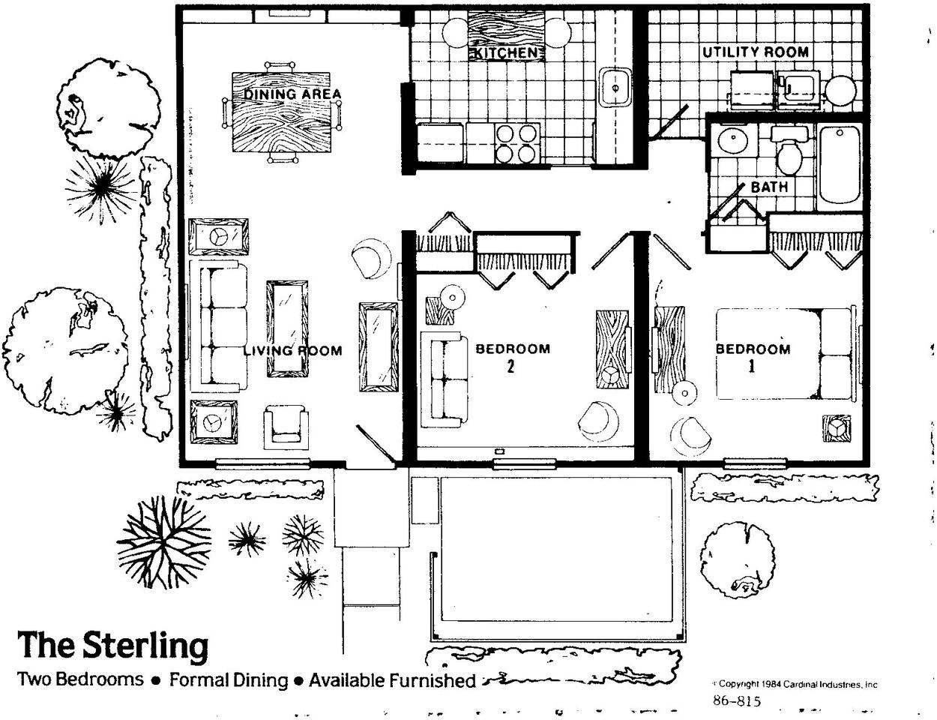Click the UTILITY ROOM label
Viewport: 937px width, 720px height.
pos(756,52)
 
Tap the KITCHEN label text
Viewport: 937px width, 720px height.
pos(506,53)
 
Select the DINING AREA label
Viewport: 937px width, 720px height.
pos(292,94)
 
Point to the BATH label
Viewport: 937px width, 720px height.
pos(769,187)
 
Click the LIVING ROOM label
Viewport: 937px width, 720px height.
pos(293,349)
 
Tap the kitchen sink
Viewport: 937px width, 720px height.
pos(615,88)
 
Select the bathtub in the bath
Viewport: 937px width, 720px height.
pos(840,165)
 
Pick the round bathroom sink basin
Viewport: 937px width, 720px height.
pos(732,139)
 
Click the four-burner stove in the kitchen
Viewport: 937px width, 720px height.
pos(517,144)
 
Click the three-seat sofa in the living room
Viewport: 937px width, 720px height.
pos(219,326)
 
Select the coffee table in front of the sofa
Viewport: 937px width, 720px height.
pos(287,328)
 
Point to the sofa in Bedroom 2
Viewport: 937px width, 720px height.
pos(445,379)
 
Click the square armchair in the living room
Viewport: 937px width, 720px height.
pos(286,427)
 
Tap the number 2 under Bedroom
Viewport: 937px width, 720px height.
pos(511,366)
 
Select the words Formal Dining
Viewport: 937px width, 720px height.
pos(228,680)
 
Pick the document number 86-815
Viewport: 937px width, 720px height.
pos(737,700)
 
